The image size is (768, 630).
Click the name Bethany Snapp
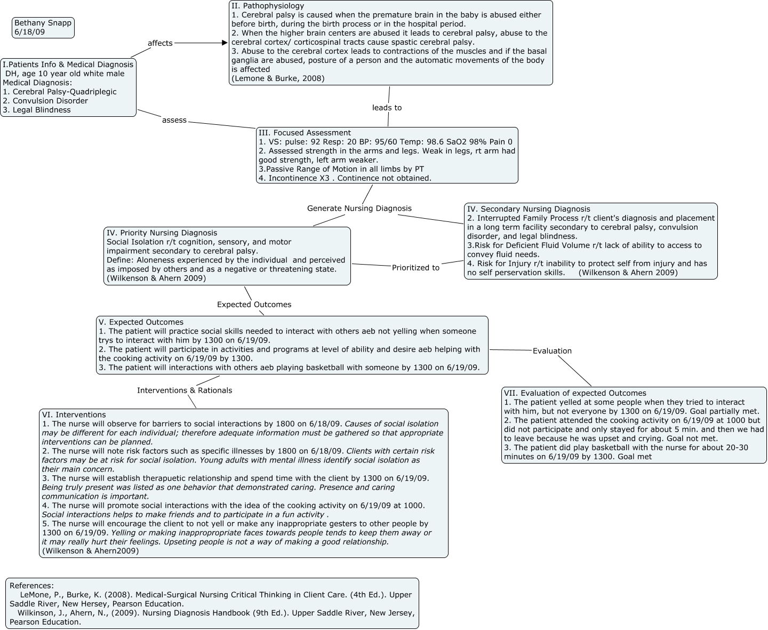(43, 23)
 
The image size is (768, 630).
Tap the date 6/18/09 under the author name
(30, 32)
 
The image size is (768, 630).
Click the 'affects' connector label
(160, 43)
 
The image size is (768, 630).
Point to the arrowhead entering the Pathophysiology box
(225, 43)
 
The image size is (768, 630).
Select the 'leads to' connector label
(387, 108)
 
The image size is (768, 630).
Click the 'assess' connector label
(174, 120)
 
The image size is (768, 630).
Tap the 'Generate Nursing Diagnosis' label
(359, 208)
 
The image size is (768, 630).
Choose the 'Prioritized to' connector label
(415, 268)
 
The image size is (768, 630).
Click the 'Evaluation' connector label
(552, 351)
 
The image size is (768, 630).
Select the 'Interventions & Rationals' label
(184, 390)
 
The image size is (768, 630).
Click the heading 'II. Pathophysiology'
(268, 6)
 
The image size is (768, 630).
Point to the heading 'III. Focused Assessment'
(305, 133)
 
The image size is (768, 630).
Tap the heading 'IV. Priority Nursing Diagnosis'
(162, 233)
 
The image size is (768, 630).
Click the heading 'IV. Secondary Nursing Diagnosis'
(529, 209)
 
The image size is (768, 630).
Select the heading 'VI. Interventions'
(74, 415)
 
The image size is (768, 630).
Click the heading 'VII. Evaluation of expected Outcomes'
(575, 393)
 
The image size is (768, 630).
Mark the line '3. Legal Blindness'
(37, 110)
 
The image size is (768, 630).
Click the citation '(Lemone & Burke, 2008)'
(278, 78)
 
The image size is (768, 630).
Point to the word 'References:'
(31, 586)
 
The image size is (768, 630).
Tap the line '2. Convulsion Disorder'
(45, 101)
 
